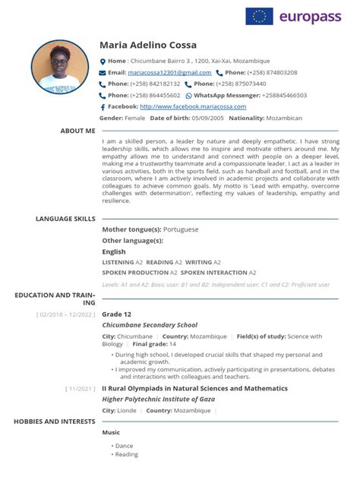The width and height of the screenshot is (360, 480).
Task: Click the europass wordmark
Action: tap(314, 16)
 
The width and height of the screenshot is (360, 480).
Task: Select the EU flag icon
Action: tap(259, 16)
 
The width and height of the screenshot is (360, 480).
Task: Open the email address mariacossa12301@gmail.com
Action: tap(168, 72)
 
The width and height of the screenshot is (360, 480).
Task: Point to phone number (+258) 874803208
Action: tap(271, 72)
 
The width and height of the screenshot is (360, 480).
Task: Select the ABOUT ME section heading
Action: tap(77, 131)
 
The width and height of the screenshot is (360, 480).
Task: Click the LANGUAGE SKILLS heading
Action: tap(65, 218)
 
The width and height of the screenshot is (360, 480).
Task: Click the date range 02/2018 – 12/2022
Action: tap(66, 314)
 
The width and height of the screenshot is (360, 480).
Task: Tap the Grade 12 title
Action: tap(117, 314)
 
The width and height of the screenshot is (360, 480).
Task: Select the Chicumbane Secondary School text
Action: tap(150, 325)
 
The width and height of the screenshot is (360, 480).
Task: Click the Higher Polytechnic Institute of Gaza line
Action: tap(158, 399)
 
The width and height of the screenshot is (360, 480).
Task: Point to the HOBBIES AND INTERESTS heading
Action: tap(54, 420)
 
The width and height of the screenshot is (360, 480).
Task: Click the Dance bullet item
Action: tap(124, 446)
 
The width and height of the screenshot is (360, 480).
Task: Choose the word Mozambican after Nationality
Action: tap(285, 118)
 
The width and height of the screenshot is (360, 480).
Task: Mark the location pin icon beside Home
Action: tap(103, 61)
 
